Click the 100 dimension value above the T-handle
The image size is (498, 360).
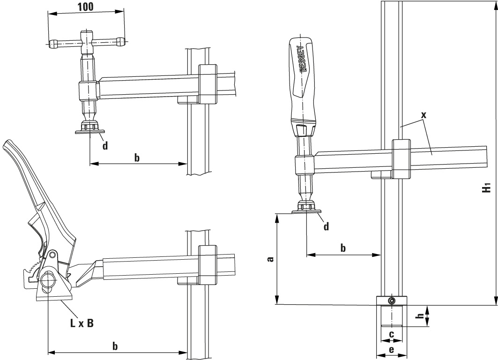[86, 7]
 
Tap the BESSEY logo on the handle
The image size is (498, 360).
[302, 59]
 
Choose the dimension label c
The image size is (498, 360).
[391, 334]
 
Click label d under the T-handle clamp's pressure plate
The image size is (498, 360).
[105, 146]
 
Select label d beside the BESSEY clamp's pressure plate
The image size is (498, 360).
[327, 227]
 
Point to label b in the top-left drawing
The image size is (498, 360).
[137, 157]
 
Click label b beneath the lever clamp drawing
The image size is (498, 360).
[115, 346]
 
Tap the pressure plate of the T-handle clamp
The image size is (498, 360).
[89, 133]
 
